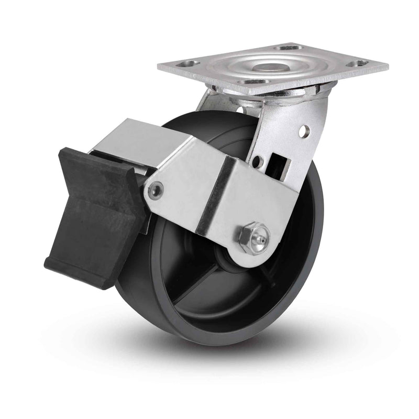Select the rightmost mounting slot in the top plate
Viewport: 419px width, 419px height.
click(359, 63)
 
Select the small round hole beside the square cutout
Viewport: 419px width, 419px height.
click(257, 162)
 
